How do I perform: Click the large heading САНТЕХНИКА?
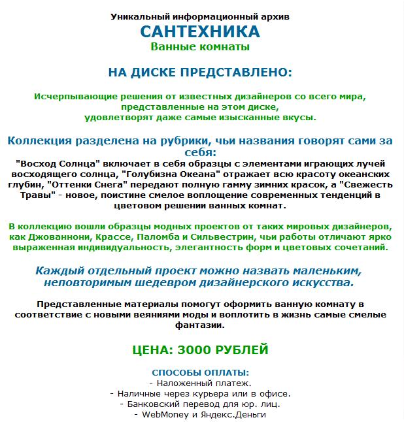point(199,31)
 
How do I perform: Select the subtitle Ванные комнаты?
point(199,47)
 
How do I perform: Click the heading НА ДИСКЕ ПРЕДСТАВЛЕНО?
point(199,71)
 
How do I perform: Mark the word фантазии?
point(199,326)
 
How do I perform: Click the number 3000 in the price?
point(190,350)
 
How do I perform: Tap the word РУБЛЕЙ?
point(240,350)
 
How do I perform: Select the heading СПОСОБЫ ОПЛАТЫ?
point(199,372)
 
